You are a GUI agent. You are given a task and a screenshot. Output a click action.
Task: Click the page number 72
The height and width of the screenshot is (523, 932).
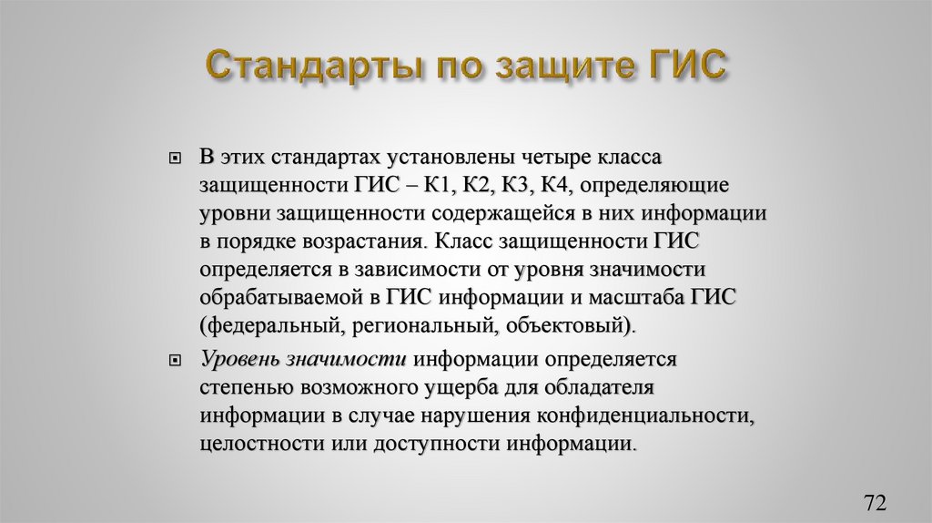coord(875,502)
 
